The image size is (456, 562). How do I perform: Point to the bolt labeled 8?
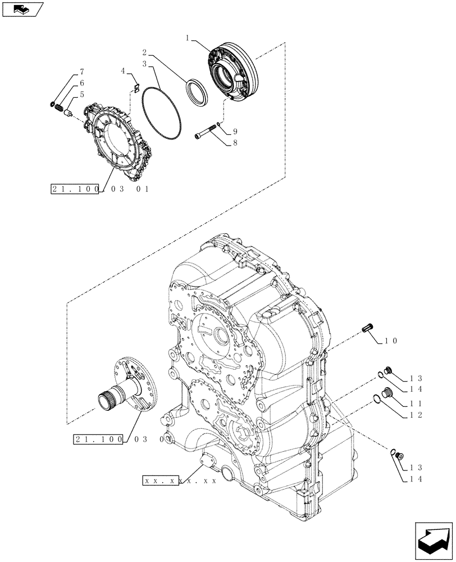point(205,135)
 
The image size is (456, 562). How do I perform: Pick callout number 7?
point(82,72)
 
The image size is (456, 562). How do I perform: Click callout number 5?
point(82,94)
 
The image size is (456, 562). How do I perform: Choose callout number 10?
point(391,341)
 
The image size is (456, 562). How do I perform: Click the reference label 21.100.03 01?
point(99,189)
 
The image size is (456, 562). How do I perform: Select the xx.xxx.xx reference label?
point(179,481)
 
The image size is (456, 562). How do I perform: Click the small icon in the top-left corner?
point(22,10)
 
